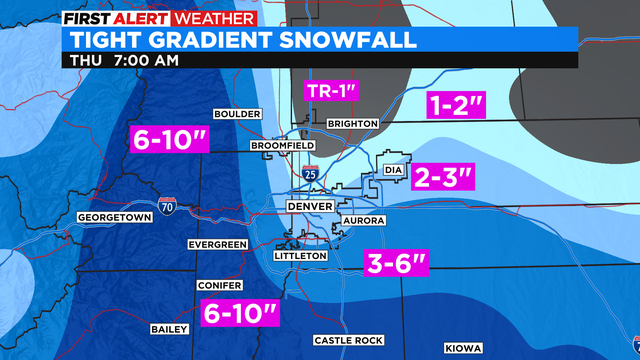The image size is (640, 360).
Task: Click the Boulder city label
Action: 236,113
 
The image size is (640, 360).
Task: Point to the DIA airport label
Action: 394,171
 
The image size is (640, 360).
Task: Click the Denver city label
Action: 308,206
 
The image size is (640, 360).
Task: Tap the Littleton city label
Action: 301,256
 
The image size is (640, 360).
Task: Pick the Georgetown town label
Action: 113,217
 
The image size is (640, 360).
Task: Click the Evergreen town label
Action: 217,245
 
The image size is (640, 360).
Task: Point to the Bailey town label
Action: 165,328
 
